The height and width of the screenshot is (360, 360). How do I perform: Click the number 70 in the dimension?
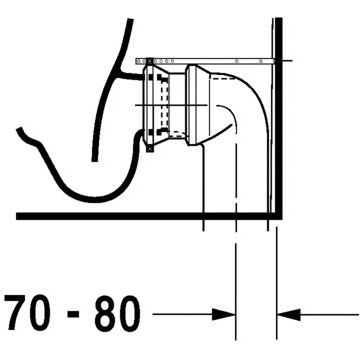click(x=29, y=312)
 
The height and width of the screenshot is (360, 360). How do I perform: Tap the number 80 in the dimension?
click(x=117, y=312)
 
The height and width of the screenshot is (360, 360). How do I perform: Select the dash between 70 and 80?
click(x=73, y=315)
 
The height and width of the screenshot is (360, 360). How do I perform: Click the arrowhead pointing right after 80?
click(x=224, y=314)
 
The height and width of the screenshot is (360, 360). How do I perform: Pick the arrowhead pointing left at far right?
click(x=289, y=314)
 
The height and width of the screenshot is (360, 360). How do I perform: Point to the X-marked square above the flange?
click(x=150, y=61)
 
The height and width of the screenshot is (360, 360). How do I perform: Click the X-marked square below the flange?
click(x=150, y=149)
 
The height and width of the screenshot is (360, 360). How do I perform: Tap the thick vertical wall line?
click(x=279, y=117)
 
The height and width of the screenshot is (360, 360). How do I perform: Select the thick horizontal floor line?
click(x=149, y=216)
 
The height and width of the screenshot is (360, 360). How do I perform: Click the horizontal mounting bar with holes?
click(x=205, y=61)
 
